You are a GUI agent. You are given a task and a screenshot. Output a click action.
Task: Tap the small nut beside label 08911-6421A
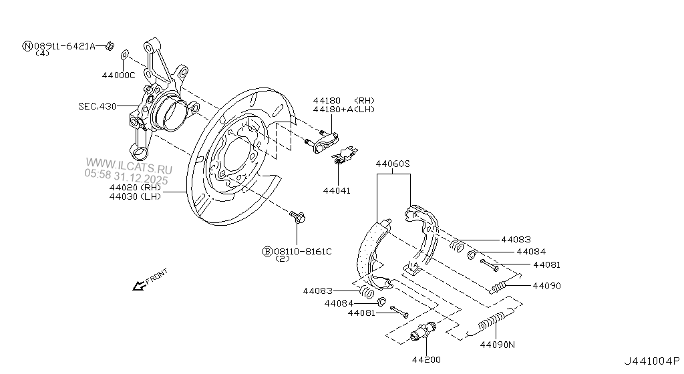coord(111,45)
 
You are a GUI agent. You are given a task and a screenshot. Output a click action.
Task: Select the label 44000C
coord(118,75)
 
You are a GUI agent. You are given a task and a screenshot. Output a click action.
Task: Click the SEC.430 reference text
coord(97,106)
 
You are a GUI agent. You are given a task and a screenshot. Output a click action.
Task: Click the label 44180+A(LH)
coord(343,109)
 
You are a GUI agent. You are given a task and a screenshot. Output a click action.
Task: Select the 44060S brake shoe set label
coord(393,163)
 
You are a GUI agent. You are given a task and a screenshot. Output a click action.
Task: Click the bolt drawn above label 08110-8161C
coord(297,216)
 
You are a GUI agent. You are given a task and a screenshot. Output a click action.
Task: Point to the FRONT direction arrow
coord(140,285)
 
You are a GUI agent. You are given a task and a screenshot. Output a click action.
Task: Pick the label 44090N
coord(497,345)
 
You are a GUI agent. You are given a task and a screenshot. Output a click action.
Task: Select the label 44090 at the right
coord(546,285)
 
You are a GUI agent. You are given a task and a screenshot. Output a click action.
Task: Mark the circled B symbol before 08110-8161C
coord(267,251)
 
